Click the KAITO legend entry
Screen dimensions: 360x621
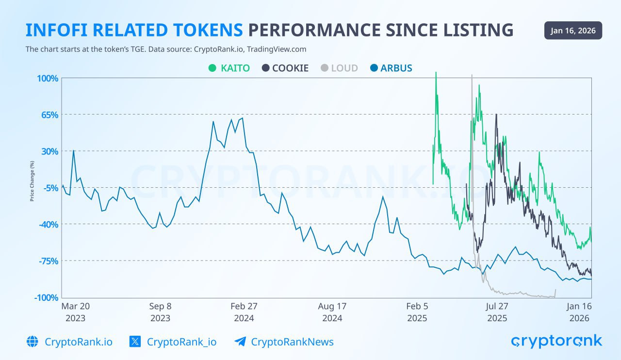(229, 68)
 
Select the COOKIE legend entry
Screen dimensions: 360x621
(285, 68)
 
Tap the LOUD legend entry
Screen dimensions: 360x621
(339, 68)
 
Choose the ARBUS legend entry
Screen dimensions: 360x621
(391, 68)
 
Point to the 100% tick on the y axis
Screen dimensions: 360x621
(48, 79)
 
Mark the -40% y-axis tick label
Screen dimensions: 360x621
(48, 224)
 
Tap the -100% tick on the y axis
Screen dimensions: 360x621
(46, 297)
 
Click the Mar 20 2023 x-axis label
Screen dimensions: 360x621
(75, 312)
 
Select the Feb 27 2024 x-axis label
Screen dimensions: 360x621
(244, 312)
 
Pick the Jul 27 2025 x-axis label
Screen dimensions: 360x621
(497, 312)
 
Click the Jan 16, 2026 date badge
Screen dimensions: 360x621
(573, 31)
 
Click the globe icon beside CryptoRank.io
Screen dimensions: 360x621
(33, 342)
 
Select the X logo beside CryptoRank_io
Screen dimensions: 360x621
(135, 342)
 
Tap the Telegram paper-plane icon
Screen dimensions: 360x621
(240, 342)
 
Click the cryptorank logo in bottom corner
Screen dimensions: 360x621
(556, 341)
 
